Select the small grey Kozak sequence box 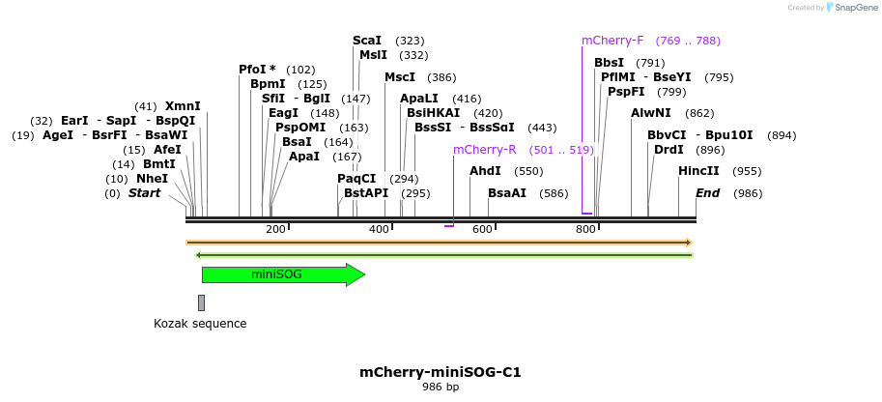point(201,302)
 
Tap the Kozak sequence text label point(200,324)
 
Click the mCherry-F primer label point(612,41)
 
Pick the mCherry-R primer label point(484,150)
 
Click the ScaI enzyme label point(367,41)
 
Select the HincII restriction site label point(698,171)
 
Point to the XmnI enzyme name point(183,106)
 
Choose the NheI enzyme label point(152,179)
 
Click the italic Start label point(144,193)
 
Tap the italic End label point(707,193)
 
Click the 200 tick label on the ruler point(275,229)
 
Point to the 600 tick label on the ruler point(482,229)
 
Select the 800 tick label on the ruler point(585,229)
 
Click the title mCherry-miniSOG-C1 point(441,371)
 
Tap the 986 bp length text point(441,388)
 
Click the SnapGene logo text point(856,8)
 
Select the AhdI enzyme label point(485,171)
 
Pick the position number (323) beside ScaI point(410,41)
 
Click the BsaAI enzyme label point(507,193)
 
